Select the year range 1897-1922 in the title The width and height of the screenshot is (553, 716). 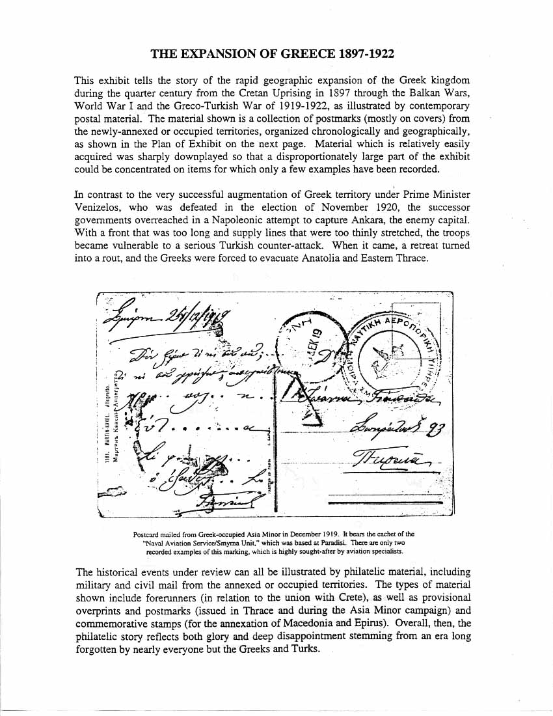[364, 53]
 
